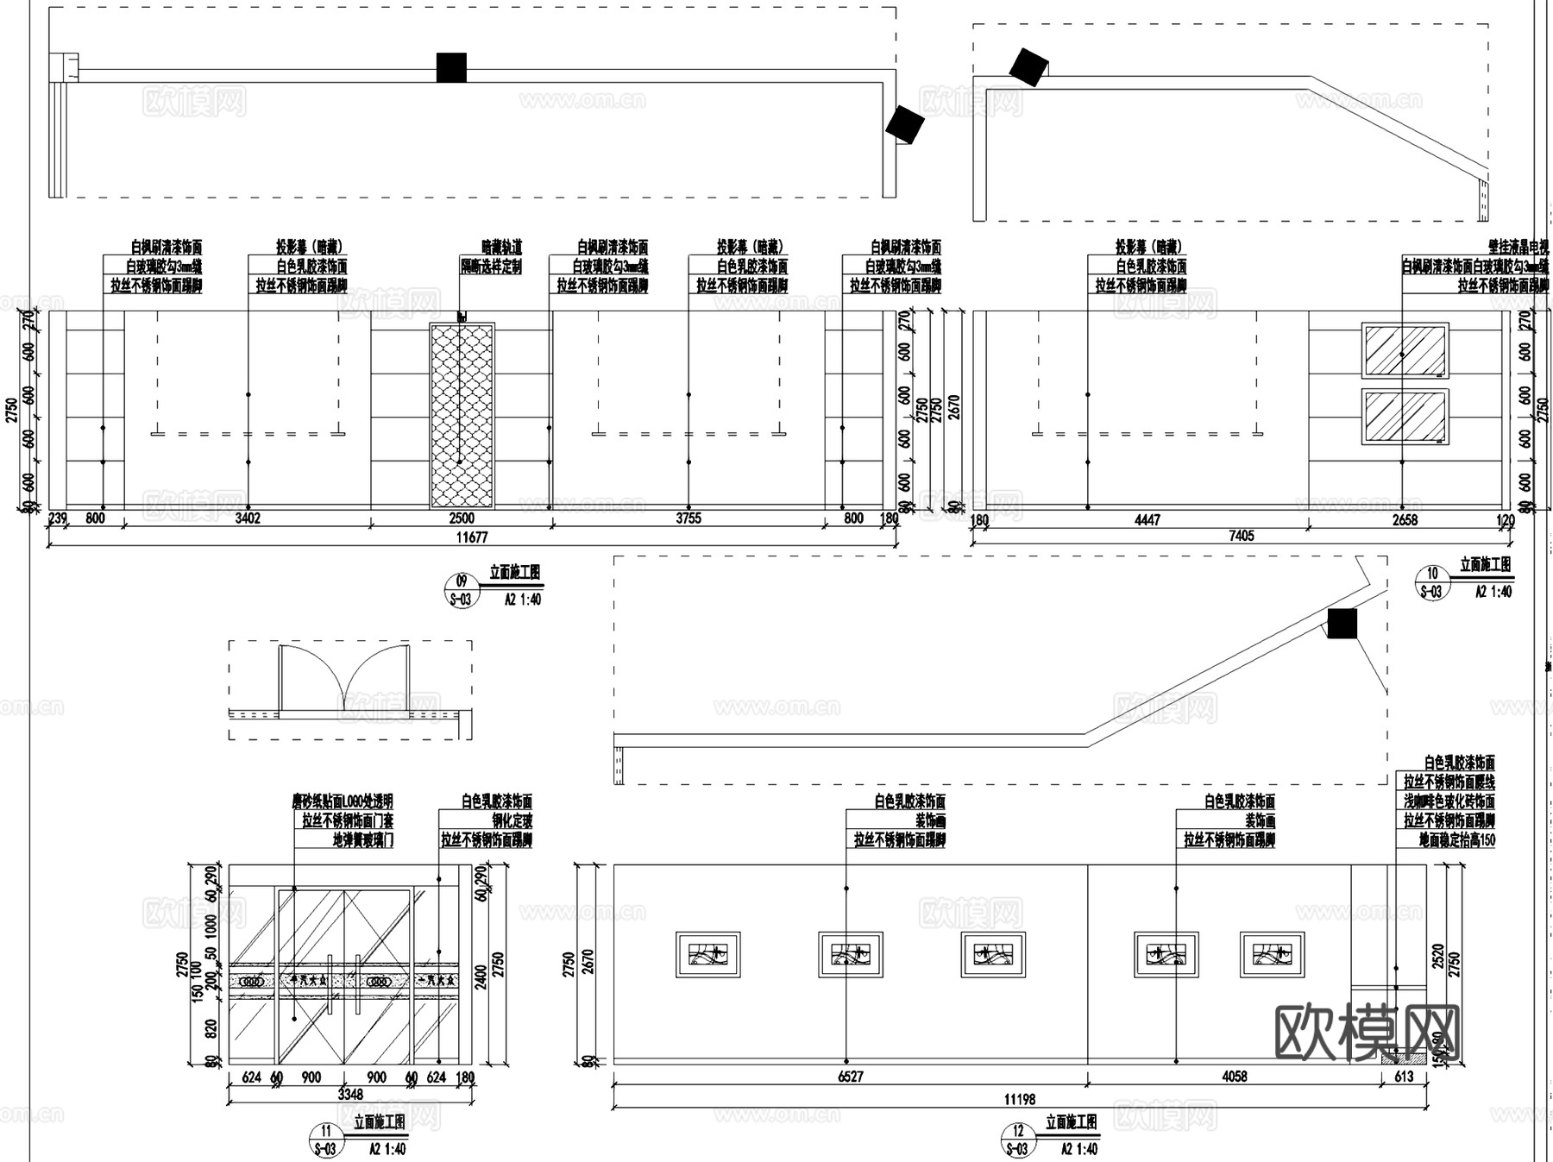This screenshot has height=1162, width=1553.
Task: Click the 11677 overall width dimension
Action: (x=472, y=537)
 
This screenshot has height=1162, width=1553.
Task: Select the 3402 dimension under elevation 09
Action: (x=248, y=518)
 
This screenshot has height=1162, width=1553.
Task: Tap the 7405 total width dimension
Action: (x=1241, y=536)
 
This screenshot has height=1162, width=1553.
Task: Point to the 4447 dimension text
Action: (x=1147, y=520)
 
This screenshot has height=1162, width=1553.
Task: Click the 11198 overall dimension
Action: (x=1020, y=1099)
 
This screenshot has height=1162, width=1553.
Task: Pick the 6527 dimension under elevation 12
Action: (x=851, y=1077)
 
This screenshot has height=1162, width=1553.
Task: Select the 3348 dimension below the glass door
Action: (x=350, y=1094)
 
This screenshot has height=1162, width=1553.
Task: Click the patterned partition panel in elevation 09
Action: (x=462, y=416)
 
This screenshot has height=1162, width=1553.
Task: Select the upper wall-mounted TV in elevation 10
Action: (x=1405, y=350)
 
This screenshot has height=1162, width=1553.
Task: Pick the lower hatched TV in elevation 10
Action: (x=1405, y=417)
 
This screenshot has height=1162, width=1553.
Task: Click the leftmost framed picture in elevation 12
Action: (x=707, y=954)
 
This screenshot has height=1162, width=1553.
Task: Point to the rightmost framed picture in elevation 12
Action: (x=1272, y=954)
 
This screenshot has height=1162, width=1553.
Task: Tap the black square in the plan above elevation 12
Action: (x=1342, y=623)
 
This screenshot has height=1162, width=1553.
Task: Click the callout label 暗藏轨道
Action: (x=501, y=248)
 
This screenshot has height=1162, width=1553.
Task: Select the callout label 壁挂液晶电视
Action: (x=1518, y=248)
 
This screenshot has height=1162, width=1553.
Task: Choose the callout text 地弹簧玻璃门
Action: (x=363, y=839)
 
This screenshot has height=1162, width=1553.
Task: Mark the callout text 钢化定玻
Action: (x=512, y=820)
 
